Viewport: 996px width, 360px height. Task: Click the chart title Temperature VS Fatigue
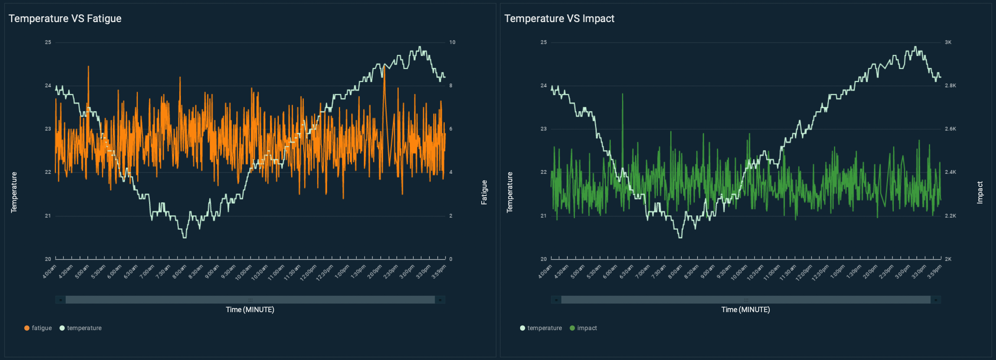pyautogui.click(x=65, y=18)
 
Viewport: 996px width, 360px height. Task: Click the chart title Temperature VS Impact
pyautogui.click(x=559, y=18)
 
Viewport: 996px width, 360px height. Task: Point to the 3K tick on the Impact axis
pyautogui.click(x=948, y=42)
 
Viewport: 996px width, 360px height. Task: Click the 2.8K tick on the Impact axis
pyautogui.click(x=950, y=85)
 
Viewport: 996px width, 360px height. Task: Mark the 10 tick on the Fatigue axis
pyautogui.click(x=452, y=42)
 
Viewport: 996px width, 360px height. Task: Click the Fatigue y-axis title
pyautogui.click(x=484, y=192)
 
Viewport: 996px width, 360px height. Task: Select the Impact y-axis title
pyautogui.click(x=980, y=192)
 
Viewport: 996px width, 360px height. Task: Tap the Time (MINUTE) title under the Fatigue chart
pyautogui.click(x=250, y=310)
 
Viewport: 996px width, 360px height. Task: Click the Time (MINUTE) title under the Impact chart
pyautogui.click(x=746, y=310)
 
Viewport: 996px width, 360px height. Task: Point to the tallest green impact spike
pyautogui.click(x=622, y=94)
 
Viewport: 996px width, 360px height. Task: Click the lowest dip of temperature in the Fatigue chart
pyautogui.click(x=185, y=237)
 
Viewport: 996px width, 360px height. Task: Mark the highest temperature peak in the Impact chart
pyautogui.click(x=915, y=47)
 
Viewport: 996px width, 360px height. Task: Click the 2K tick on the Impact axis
pyautogui.click(x=948, y=259)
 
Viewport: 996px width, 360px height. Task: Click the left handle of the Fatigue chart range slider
pyautogui.click(x=61, y=300)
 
